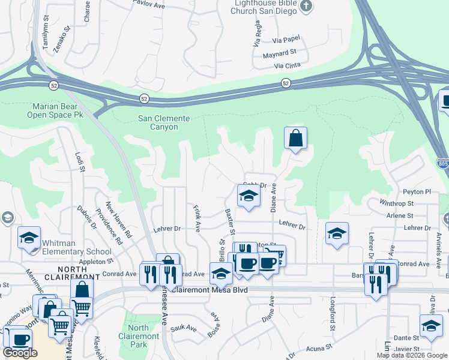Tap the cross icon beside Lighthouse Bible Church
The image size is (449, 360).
coord(306,7)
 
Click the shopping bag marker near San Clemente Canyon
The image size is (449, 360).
coord(295,139)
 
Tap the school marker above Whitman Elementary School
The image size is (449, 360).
coord(29,238)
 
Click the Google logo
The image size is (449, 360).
coord(20,353)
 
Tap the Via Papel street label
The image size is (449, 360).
coord(285,40)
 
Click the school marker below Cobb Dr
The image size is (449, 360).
coord(247,196)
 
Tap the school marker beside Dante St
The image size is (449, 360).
coord(430,326)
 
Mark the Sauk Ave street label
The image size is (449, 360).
coord(184,328)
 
